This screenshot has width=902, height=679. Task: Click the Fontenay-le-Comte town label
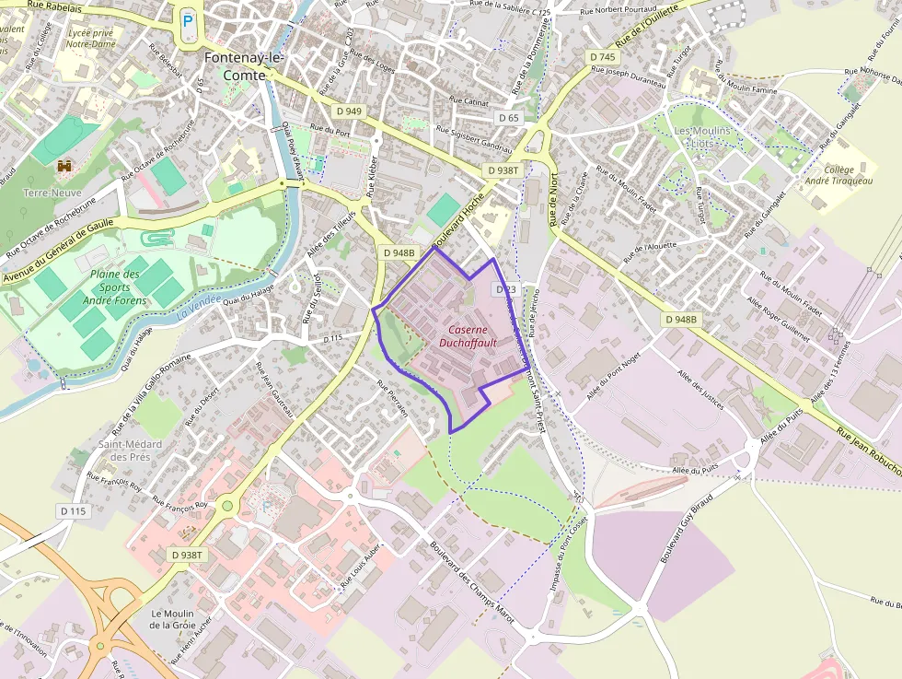(244, 64)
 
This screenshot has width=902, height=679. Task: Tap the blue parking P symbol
(189, 20)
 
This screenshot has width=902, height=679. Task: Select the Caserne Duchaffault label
(472, 336)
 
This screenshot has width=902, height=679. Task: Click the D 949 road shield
(350, 111)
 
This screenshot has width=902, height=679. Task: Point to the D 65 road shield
(509, 118)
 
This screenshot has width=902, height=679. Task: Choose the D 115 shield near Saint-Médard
(73, 511)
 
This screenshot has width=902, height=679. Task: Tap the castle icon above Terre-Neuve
(64, 167)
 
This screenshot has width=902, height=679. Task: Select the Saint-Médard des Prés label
(130, 451)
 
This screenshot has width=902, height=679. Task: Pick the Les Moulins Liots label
(702, 137)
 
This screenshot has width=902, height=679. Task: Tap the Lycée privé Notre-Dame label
(90, 38)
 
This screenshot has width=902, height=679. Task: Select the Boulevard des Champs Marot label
(471, 579)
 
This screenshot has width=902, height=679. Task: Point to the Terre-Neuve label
(52, 193)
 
